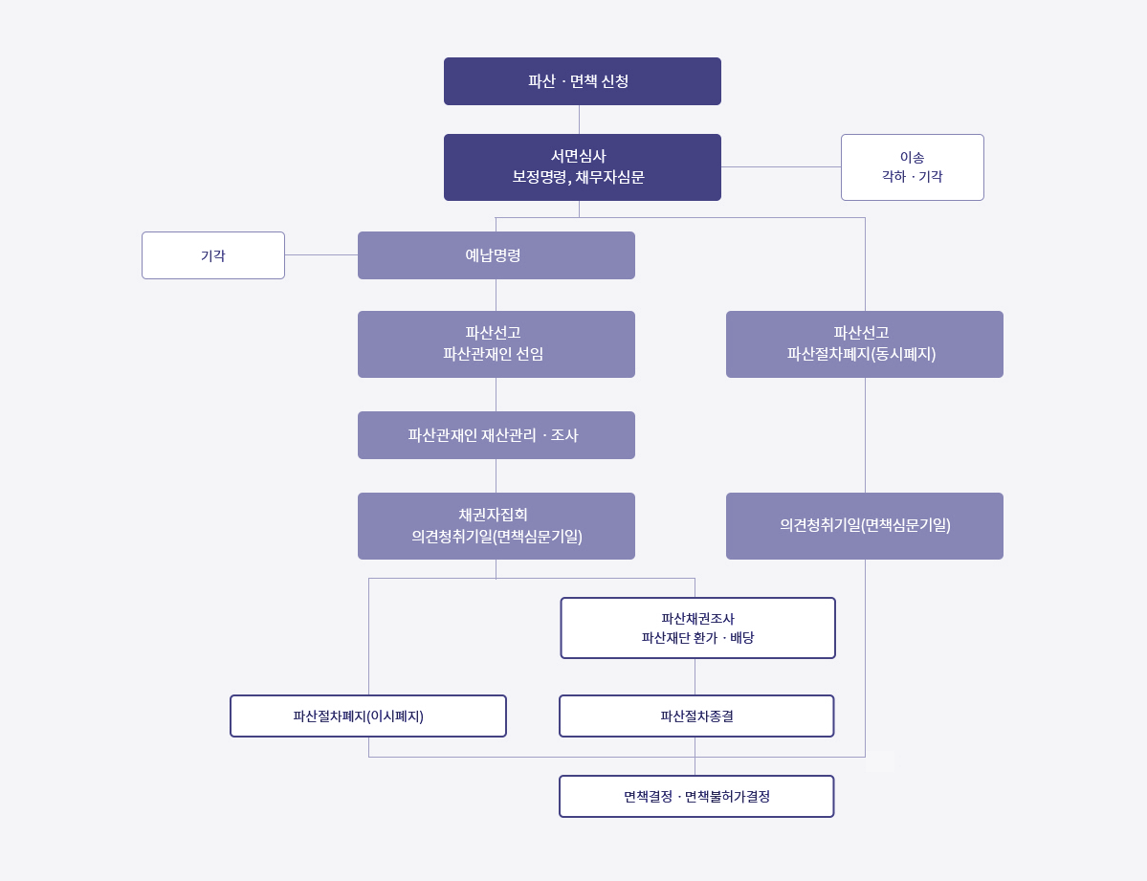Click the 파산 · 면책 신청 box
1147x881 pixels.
(582, 81)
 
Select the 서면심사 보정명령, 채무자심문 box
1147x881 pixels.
(582, 167)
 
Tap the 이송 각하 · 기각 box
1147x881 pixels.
(912, 167)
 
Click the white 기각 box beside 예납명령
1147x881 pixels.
(213, 255)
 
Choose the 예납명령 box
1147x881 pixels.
(496, 255)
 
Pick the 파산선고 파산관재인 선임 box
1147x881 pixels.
(496, 344)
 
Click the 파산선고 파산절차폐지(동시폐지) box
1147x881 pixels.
(864, 344)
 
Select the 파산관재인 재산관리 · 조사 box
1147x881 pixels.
(496, 435)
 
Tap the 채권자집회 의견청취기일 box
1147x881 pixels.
(496, 526)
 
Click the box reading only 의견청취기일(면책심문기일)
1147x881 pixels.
(864, 526)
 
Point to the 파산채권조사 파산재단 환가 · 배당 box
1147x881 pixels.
(697, 628)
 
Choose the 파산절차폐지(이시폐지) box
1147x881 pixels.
(367, 716)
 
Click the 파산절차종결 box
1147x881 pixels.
(696, 716)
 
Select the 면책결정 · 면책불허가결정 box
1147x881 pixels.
(696, 796)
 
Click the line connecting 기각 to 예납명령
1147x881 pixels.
(321, 254)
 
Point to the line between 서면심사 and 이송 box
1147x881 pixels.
(781, 166)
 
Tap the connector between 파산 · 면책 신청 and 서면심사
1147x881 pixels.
(579, 120)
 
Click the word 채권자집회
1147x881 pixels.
(493, 515)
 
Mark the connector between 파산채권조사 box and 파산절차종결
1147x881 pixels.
(695, 676)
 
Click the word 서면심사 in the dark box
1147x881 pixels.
(578, 156)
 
